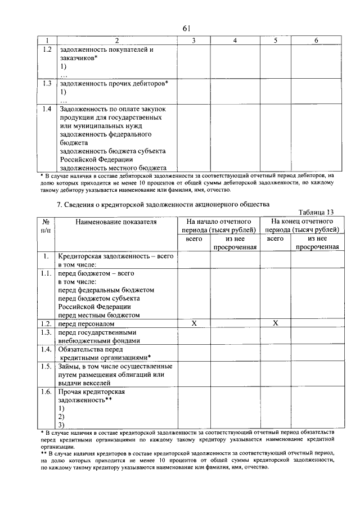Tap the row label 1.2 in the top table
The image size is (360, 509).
coord(47,49)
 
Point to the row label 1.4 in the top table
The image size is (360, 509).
coord(47,109)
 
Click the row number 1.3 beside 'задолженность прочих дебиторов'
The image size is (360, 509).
coord(47,83)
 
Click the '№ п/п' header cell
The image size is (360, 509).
coord(46,226)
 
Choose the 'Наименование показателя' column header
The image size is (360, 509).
coord(109,222)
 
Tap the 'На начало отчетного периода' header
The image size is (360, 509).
coord(219,226)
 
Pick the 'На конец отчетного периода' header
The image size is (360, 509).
coord(302,226)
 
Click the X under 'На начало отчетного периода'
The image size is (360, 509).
coord(193,323)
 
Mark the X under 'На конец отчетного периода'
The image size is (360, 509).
coord(275,323)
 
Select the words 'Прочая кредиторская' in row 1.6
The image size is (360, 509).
coord(91,391)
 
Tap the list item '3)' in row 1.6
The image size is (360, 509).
coord(61,425)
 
